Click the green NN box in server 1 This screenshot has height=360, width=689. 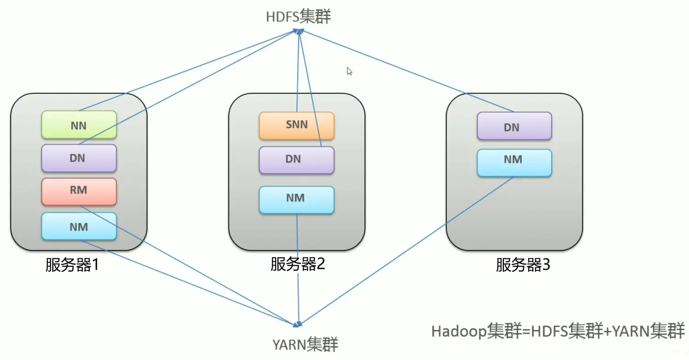pyautogui.click(x=79, y=124)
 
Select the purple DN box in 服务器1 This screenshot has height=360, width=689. pyautogui.click(x=79, y=158)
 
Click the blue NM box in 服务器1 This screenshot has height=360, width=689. pyautogui.click(x=79, y=226)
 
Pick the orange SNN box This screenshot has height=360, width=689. pyautogui.click(x=296, y=125)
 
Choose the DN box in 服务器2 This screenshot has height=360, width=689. pyautogui.click(x=296, y=159)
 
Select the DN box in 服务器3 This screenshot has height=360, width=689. pyautogui.click(x=514, y=126)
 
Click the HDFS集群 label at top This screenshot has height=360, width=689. pyautogui.click(x=298, y=17)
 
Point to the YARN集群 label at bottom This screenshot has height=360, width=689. pyautogui.click(x=305, y=344)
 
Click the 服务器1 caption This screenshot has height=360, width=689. pyautogui.click(x=73, y=265)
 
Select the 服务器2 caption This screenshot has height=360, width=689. pyautogui.click(x=298, y=264)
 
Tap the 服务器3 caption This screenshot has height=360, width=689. pyautogui.click(x=523, y=265)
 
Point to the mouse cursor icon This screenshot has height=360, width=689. pyautogui.click(x=349, y=71)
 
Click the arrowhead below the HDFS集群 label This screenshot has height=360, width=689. pyautogui.click(x=299, y=31)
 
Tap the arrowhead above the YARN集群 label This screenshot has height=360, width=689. pyautogui.click(x=299, y=325)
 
